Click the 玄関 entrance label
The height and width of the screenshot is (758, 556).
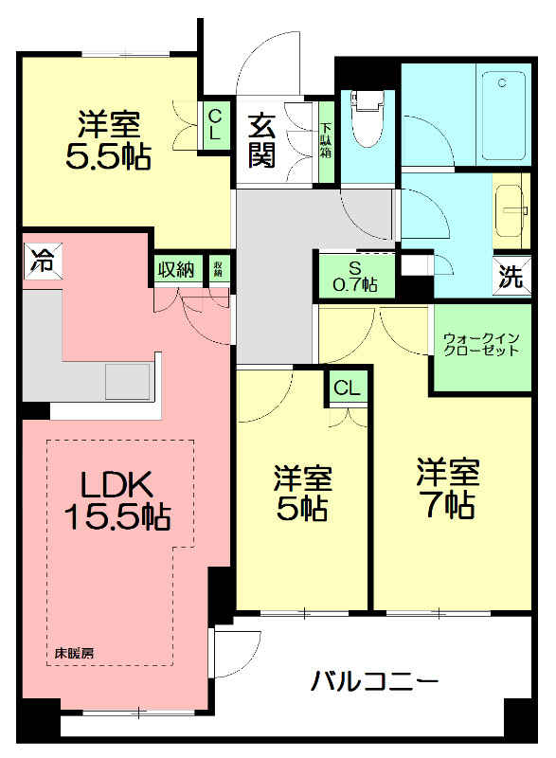[262, 140]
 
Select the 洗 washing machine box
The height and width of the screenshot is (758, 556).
[511, 277]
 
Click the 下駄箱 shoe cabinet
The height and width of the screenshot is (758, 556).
[326, 140]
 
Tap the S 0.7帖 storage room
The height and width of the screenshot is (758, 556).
[355, 276]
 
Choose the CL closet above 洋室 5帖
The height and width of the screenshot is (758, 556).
[347, 387]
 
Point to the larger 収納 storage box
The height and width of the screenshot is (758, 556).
[175, 270]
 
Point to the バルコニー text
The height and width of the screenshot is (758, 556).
[373, 680]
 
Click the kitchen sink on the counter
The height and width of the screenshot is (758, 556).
[126, 380]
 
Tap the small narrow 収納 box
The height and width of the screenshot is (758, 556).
[218, 269]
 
